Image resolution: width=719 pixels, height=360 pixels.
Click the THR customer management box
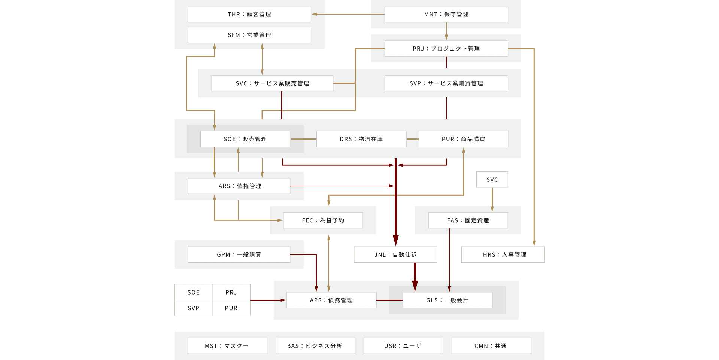pyautogui.click(x=249, y=14)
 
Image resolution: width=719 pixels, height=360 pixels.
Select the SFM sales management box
pyautogui.click(x=249, y=35)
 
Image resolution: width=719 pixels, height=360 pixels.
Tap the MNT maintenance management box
pyautogui.click(x=446, y=14)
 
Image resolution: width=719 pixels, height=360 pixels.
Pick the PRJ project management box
pyautogui.click(x=446, y=49)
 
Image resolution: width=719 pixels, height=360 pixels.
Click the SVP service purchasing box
pyautogui.click(x=446, y=83)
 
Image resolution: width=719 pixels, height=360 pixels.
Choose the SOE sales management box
pyautogui.click(x=245, y=139)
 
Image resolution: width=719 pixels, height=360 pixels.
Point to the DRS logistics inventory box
pyautogui.click(x=361, y=139)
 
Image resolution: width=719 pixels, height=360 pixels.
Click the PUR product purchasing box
pyautogui.click(x=463, y=139)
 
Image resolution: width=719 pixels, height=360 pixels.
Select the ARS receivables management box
pyautogui.click(x=239, y=186)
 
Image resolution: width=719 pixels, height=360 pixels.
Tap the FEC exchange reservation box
pyautogui.click(x=323, y=220)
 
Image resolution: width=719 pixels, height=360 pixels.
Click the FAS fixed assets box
pyautogui.click(x=468, y=220)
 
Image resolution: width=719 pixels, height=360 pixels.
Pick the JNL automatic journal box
pyautogui.click(x=395, y=254)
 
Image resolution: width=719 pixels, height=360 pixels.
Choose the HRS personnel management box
pyautogui.click(x=503, y=254)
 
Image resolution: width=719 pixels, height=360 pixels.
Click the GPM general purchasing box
pyautogui.click(x=239, y=254)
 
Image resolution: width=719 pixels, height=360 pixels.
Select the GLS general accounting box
pyautogui.click(x=447, y=300)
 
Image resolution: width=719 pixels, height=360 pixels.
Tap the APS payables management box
pyautogui.click(x=331, y=300)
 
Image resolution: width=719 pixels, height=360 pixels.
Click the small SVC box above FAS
pyautogui.click(x=492, y=180)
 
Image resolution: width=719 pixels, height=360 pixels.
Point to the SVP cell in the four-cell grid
pyautogui.click(x=193, y=308)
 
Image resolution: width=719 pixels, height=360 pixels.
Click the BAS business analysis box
pyautogui.click(x=315, y=346)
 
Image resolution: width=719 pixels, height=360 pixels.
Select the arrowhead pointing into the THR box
pyautogui.click(x=315, y=14)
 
